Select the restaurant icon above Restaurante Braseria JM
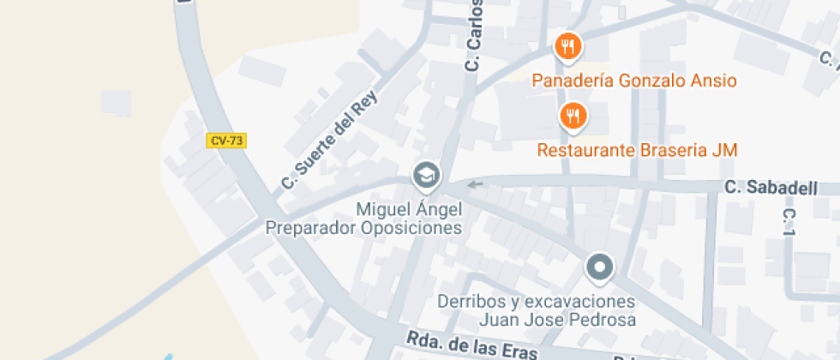573,116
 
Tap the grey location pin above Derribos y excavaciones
600,267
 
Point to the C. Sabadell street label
771,188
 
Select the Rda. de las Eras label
471,346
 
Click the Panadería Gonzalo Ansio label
634,81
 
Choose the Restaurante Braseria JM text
637,151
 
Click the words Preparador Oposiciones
363,228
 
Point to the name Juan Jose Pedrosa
557,321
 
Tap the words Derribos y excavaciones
537,302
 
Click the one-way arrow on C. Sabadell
475,183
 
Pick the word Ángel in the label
439,209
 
